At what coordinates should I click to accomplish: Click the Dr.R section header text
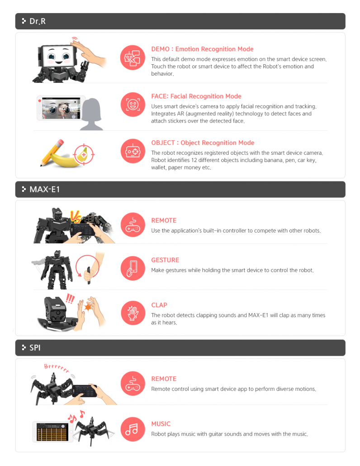coord(37,21)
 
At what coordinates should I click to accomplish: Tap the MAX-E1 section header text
coord(44,190)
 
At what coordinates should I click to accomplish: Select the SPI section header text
coord(35,348)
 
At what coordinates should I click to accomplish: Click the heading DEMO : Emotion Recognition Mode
coord(202,49)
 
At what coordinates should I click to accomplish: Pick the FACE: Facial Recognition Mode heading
coord(196,96)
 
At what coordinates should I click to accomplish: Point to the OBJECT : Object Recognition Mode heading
coord(203,143)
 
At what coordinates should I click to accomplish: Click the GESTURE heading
coord(165,260)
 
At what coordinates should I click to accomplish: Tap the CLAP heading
coord(159,305)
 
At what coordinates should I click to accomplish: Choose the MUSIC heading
coord(161,424)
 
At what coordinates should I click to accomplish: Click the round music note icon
coord(133,429)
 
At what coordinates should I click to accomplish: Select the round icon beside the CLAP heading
coord(133,313)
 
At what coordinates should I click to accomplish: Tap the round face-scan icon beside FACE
coord(133,105)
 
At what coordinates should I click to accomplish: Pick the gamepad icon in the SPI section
coord(133,384)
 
